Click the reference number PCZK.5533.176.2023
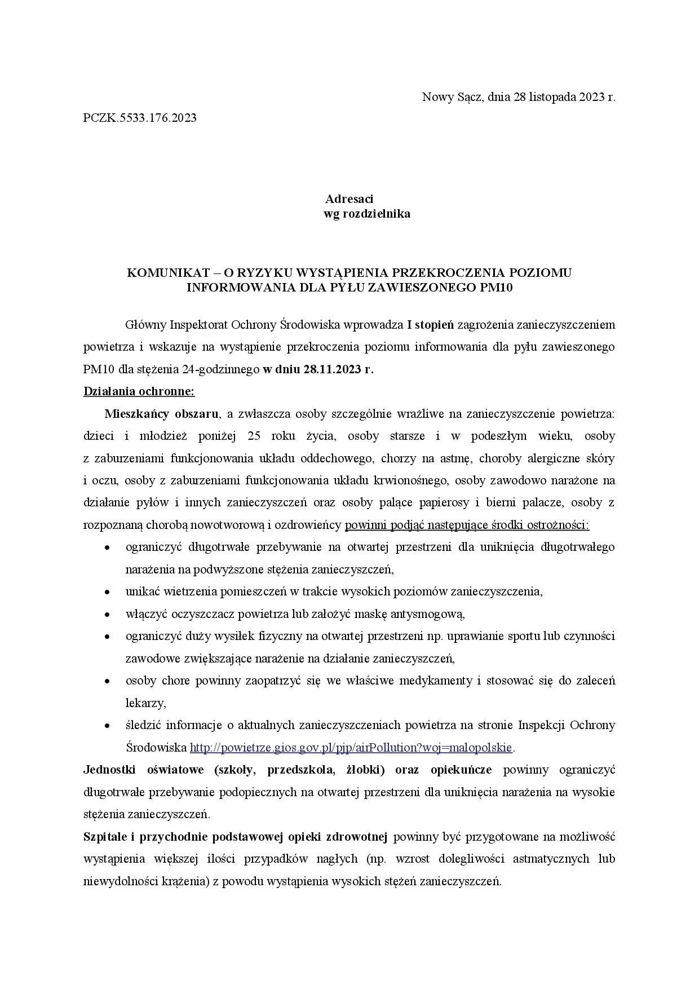pos(140,118)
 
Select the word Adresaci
pos(349,199)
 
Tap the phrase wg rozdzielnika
pos(366,214)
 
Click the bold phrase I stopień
pos(431,325)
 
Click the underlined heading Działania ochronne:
pos(139,392)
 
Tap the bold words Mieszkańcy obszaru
pos(161,414)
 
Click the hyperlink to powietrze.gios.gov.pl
pos(351,748)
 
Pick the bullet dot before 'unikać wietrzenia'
pos(107,593)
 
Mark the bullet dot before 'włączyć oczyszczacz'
pos(107,615)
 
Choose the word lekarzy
pos(145,704)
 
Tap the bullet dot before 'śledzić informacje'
pos(107,726)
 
